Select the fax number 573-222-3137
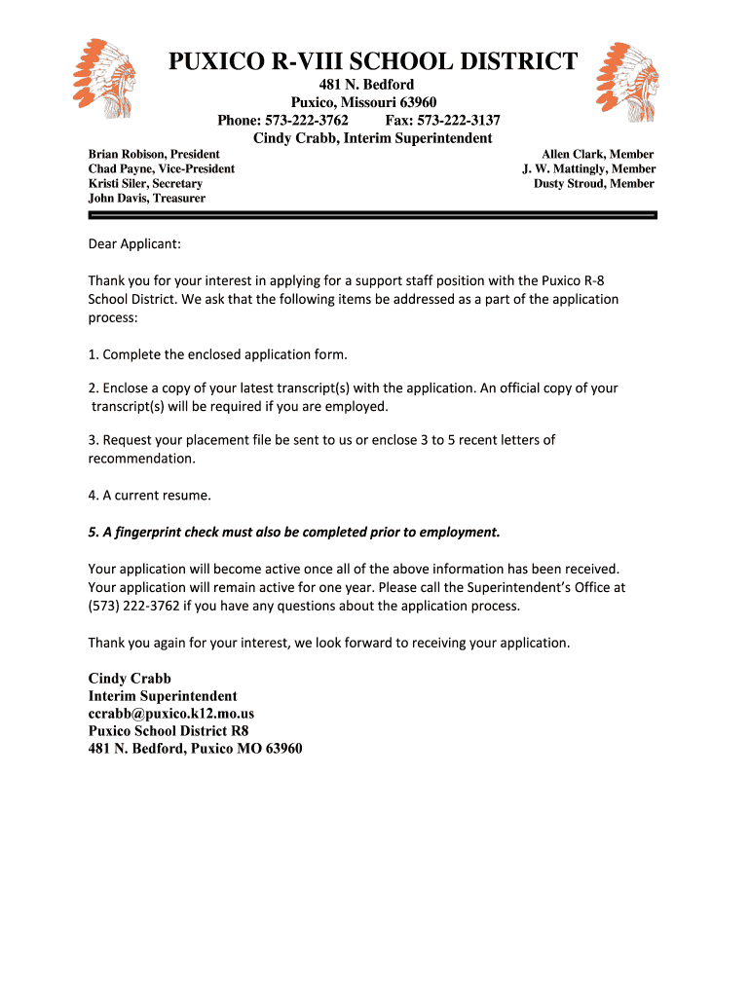pos(461,121)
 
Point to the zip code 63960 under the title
pos(417,102)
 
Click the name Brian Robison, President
pos(154,154)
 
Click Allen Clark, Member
pos(597,154)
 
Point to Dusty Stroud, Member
pos(594,183)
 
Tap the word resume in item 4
pos(188,495)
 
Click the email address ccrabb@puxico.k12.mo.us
pos(171,714)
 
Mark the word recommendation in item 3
pos(141,458)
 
